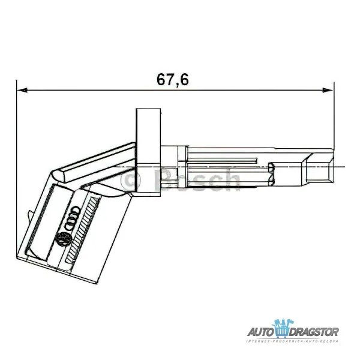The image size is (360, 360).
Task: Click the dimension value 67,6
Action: click(173, 79)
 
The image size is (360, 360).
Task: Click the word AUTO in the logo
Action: click(262, 331)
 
